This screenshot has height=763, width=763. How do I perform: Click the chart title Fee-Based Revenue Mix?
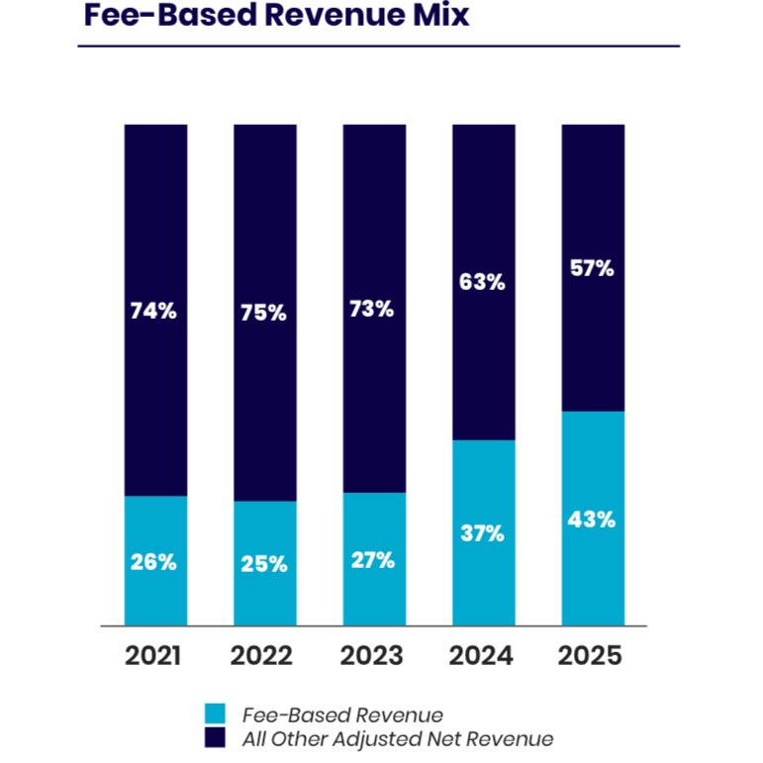pos(276,17)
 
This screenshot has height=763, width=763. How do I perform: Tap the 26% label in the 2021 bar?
pos(153,562)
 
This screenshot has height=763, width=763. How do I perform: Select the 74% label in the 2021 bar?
pos(153,311)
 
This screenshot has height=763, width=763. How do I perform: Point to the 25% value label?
pos(264,564)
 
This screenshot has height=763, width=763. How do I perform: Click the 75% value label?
pos(264,313)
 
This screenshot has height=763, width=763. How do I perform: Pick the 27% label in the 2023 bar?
pos(373,560)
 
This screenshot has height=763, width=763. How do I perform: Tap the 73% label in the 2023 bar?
pos(373,309)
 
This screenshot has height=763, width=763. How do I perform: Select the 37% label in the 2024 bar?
pos(483,534)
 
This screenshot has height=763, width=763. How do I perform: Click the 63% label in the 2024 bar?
pos(483,282)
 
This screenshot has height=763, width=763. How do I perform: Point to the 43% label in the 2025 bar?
pos(593,520)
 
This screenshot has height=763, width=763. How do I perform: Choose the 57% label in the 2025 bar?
pos(593,268)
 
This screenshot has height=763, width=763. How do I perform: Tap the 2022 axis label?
pos(265,657)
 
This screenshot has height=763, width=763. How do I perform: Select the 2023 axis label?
pos(374,657)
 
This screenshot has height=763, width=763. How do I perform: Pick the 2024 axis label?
pos(483,657)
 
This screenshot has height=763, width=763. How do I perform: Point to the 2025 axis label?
pos(592,657)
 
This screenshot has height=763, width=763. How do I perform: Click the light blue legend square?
pos(215,714)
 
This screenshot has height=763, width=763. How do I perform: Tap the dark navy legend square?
pos(215,738)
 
